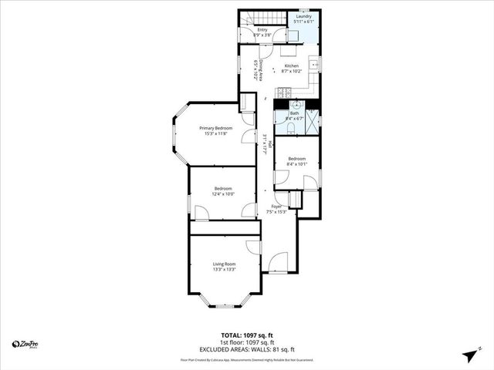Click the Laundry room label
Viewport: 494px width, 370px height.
click(x=303, y=15)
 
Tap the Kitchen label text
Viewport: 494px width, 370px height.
click(x=291, y=66)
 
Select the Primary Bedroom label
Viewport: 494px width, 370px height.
click(x=215, y=128)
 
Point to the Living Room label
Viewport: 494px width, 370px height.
click(x=224, y=264)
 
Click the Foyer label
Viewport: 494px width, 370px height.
click(x=276, y=207)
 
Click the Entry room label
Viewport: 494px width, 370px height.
click(x=262, y=30)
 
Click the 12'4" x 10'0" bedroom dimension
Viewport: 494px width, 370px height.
click(x=224, y=193)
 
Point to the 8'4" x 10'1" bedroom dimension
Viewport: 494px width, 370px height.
click(x=296, y=163)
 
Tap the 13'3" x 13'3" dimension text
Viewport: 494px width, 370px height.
click(x=224, y=270)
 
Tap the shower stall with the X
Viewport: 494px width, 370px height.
click(x=313, y=118)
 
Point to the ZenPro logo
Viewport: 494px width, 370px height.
click(x=26, y=344)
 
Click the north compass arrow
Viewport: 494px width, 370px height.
click(x=469, y=355)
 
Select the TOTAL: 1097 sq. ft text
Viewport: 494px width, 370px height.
click(x=247, y=336)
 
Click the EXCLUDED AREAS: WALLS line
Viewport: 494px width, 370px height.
click(x=247, y=349)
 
